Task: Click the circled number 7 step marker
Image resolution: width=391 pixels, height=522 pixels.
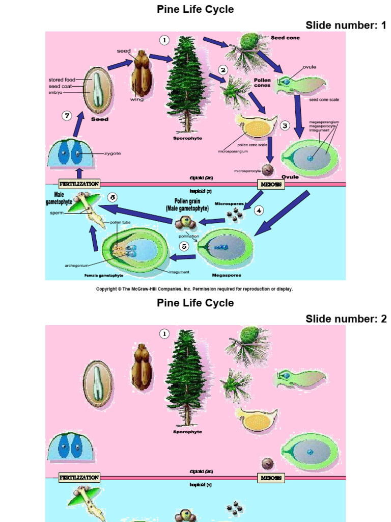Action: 67,116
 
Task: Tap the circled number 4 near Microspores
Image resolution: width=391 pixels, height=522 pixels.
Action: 259,210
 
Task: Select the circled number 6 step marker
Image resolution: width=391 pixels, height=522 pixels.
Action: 113,197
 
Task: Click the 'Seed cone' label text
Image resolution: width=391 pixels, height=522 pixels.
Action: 285,38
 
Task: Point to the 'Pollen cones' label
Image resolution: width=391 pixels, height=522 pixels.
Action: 262,83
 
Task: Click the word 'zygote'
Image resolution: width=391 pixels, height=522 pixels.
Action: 113,153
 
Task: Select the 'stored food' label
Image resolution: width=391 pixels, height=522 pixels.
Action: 62,80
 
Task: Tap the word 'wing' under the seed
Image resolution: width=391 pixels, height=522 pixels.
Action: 137,99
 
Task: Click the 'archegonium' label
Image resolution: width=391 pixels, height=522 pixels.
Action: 77,265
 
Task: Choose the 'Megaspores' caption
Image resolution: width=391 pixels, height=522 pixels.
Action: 227,275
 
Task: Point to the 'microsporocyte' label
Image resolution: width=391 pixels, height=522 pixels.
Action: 247,171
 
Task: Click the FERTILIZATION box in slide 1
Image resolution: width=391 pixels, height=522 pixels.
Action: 79,184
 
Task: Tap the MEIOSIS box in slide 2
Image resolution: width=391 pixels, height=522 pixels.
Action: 271,478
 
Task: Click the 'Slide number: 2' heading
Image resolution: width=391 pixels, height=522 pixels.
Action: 346,319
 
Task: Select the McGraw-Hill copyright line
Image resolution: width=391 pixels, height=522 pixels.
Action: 194,289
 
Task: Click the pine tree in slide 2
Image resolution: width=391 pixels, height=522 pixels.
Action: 186,377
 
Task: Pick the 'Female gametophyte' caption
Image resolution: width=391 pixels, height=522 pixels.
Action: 104,275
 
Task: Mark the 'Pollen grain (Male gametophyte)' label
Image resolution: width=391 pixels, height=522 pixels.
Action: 188,205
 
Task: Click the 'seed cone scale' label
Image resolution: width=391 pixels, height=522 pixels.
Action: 324,100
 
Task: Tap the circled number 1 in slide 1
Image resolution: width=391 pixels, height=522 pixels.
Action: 164,40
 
